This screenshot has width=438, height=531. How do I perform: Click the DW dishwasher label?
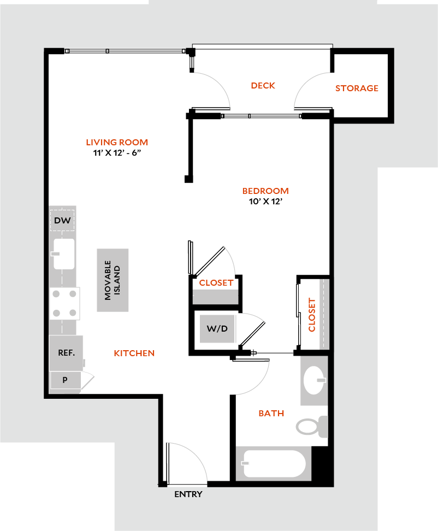(x=62, y=221)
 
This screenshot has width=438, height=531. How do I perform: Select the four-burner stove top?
(x=64, y=303)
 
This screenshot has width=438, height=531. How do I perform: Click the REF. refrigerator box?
(x=66, y=353)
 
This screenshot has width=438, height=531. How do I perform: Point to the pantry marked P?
(x=66, y=380)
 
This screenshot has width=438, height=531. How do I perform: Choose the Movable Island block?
(x=113, y=280)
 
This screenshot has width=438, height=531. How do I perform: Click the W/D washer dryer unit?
(x=217, y=328)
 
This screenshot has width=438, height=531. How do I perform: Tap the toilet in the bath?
(x=312, y=427)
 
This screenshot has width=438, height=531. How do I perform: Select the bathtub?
(x=274, y=463)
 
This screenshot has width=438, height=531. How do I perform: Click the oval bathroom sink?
(x=314, y=380)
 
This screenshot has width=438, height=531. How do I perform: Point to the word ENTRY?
(x=188, y=494)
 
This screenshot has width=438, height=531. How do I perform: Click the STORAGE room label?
(x=357, y=88)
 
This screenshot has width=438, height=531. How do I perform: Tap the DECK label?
(x=263, y=86)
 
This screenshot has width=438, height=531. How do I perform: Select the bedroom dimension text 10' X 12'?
(x=266, y=202)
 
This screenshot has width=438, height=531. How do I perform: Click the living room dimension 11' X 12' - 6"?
(x=117, y=153)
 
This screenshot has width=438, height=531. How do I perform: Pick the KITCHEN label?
(x=134, y=353)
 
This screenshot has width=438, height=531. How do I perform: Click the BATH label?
(x=271, y=414)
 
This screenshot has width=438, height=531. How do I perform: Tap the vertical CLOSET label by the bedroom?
(x=312, y=315)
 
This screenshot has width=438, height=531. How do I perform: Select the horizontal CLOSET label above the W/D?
(x=216, y=283)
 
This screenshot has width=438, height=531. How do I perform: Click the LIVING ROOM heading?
(x=117, y=142)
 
